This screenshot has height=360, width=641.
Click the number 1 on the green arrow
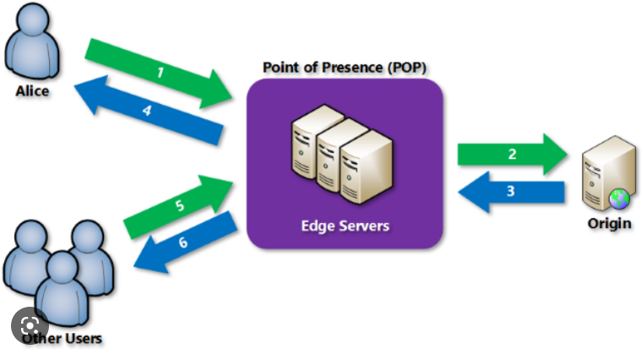(x=160, y=73)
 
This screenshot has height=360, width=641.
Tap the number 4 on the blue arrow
(x=147, y=110)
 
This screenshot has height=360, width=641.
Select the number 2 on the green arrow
(x=513, y=154)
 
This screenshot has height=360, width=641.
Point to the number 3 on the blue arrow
(x=511, y=191)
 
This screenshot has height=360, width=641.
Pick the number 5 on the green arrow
(x=180, y=205)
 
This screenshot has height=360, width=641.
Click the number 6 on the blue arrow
(x=183, y=243)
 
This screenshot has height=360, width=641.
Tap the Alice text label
(x=32, y=90)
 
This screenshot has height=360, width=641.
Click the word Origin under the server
(x=609, y=223)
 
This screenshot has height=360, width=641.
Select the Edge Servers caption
(x=345, y=226)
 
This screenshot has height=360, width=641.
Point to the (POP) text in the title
(x=407, y=67)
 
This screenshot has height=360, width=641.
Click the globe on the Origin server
(x=619, y=199)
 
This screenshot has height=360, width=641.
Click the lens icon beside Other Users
(x=30, y=325)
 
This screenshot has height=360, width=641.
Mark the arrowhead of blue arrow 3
(x=474, y=193)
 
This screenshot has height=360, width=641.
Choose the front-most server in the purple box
(x=366, y=166)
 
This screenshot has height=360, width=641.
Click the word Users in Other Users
(x=83, y=338)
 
